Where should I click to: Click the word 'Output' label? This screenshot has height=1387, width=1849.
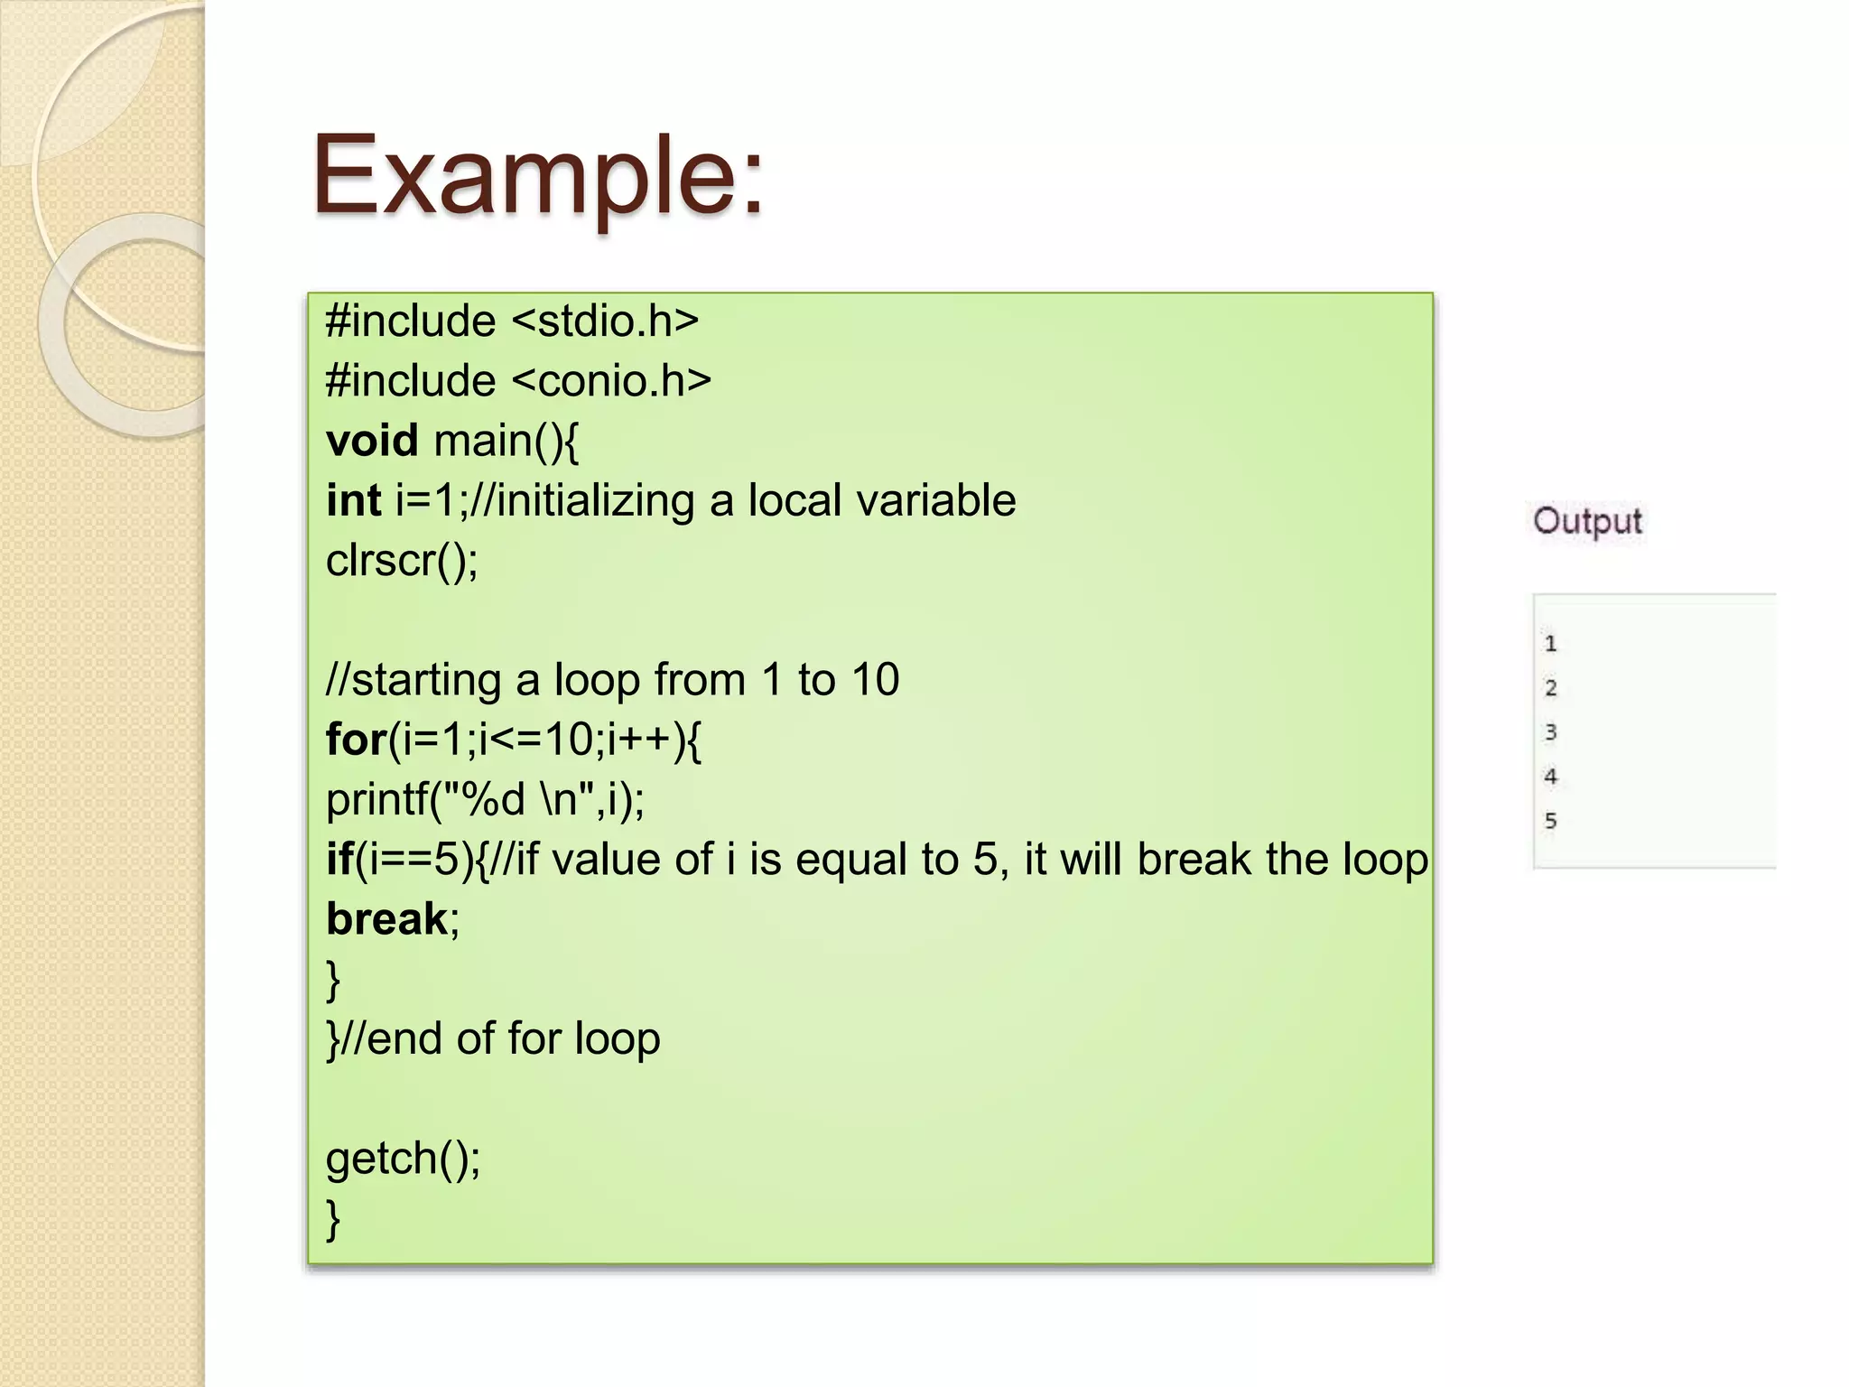pos(1587,521)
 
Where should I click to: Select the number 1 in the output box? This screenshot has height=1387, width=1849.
pos(1550,644)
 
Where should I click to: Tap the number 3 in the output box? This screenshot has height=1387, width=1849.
pos(1550,732)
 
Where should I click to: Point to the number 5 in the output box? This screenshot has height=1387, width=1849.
pos(1550,821)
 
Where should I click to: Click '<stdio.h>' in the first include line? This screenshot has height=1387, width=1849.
pos(605,321)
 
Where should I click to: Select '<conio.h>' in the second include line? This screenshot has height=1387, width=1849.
pos(611,381)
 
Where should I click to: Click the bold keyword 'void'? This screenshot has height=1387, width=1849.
pos(372,441)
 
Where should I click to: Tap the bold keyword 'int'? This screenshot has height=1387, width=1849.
pos(353,500)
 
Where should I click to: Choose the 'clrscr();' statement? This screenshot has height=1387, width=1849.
pos(402,561)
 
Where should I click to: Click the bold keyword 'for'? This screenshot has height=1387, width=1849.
pos(357,740)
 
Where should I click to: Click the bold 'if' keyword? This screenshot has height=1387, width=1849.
pos(339,859)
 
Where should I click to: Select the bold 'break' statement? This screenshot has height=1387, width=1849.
pos(386,919)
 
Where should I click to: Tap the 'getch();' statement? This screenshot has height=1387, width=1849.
pos(403,1159)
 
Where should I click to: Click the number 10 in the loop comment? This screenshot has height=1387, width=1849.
pos(875,680)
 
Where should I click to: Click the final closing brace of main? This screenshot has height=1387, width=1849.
pos(333,1218)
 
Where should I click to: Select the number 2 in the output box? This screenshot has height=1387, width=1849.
pos(1550,688)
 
